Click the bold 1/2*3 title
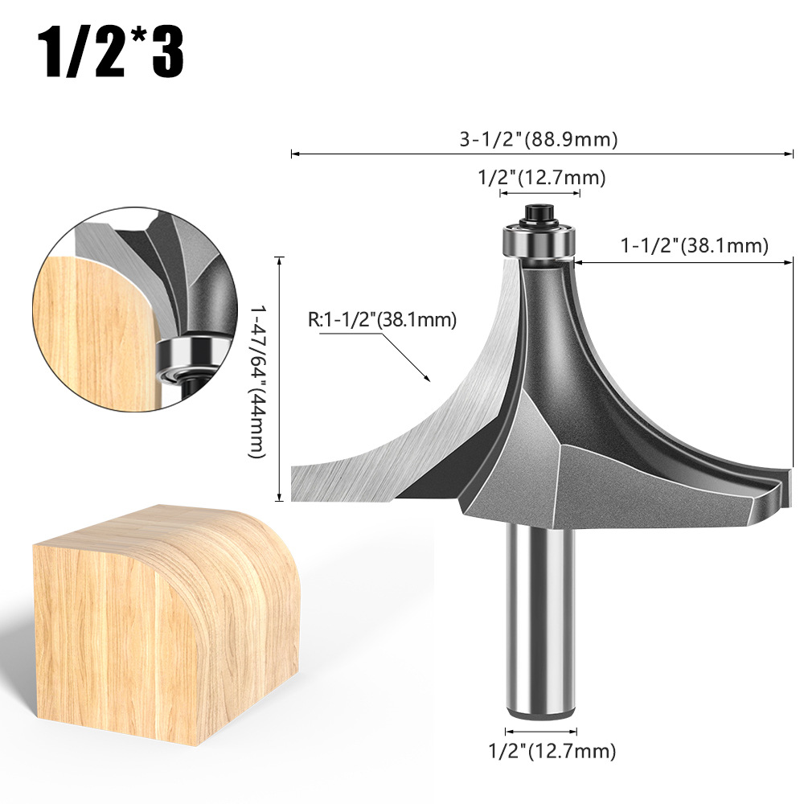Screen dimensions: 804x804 pyautogui.click(x=110, y=52)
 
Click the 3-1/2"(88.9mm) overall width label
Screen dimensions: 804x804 pyautogui.click(x=539, y=139)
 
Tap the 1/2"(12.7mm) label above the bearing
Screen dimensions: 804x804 pyautogui.click(x=541, y=178)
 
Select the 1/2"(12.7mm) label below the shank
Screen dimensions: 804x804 pyautogui.click(x=552, y=751)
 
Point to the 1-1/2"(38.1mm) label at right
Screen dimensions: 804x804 pyautogui.click(x=695, y=245)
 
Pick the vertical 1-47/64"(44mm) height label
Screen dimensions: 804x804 pyautogui.click(x=257, y=382)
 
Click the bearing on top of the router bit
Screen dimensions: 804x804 pyautogui.click(x=539, y=240)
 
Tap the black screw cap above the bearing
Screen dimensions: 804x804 pyautogui.click(x=539, y=213)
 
